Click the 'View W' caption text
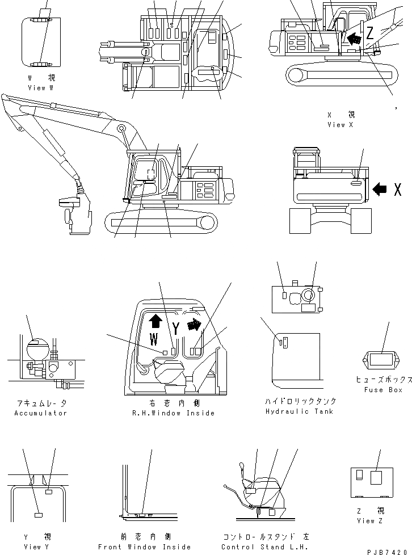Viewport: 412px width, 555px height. pos(40,88)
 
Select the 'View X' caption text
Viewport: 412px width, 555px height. pos(340,124)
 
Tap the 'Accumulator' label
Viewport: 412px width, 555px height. pos(40,413)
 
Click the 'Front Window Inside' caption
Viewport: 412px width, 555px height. pos(144,546)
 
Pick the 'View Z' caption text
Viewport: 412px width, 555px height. pos(367,520)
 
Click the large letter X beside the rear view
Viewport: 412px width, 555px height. pos(397,190)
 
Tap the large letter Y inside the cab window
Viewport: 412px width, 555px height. pos(176,328)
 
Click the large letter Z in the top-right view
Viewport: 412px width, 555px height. pos(369,32)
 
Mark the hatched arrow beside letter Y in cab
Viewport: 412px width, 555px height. pos(194,324)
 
